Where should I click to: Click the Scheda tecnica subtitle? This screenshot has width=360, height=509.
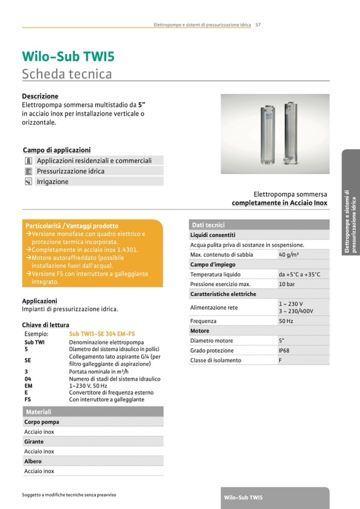[x=66, y=73]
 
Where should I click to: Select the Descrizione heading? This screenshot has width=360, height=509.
[x=40, y=96]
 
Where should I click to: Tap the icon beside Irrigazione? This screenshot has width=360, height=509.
[x=29, y=182]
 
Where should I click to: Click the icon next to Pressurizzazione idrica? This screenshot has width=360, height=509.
[x=29, y=171]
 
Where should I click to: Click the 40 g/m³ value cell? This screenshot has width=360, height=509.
[x=289, y=255]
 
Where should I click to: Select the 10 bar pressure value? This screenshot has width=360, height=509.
[x=287, y=284]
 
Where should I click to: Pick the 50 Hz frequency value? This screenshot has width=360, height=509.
[x=286, y=321]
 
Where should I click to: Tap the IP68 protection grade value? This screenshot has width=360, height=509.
[x=285, y=351]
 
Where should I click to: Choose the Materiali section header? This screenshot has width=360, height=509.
[x=39, y=412]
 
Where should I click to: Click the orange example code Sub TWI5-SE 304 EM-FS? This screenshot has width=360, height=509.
[x=102, y=334]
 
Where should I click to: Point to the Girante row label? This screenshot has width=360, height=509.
[x=34, y=442]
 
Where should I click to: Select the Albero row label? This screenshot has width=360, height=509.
[x=33, y=461]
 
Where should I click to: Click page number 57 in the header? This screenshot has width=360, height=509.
[x=258, y=24]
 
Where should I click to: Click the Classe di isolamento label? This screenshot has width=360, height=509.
[x=216, y=360]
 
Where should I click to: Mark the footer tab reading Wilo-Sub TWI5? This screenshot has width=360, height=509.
[x=243, y=498]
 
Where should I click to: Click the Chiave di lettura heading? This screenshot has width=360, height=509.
[x=46, y=325]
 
